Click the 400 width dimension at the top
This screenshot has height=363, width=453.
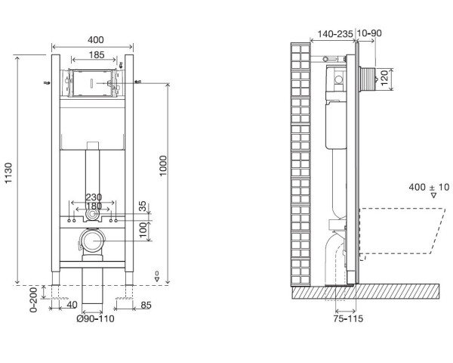[95, 39]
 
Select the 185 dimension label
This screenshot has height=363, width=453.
[97, 54]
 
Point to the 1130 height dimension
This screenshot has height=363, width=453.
[8, 173]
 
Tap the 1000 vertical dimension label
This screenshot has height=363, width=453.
[163, 166]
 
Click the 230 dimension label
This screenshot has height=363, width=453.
[94, 197]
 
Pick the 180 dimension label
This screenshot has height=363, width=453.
[94, 206]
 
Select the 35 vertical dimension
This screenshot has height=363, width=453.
[143, 206]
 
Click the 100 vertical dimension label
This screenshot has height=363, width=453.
[143, 230]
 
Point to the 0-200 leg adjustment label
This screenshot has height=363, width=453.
[34, 299]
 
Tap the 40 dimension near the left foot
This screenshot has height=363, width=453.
[72, 305]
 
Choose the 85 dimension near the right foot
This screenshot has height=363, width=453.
[146, 305]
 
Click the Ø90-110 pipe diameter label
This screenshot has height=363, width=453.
[95, 318]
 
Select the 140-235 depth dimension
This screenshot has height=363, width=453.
[335, 34]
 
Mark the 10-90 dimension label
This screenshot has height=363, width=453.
[369, 33]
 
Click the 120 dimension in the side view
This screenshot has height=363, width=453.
[384, 78]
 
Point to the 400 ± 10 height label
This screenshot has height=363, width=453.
[429, 187]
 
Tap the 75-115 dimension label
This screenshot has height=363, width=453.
[348, 318]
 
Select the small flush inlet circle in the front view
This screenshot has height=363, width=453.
[92, 215]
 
